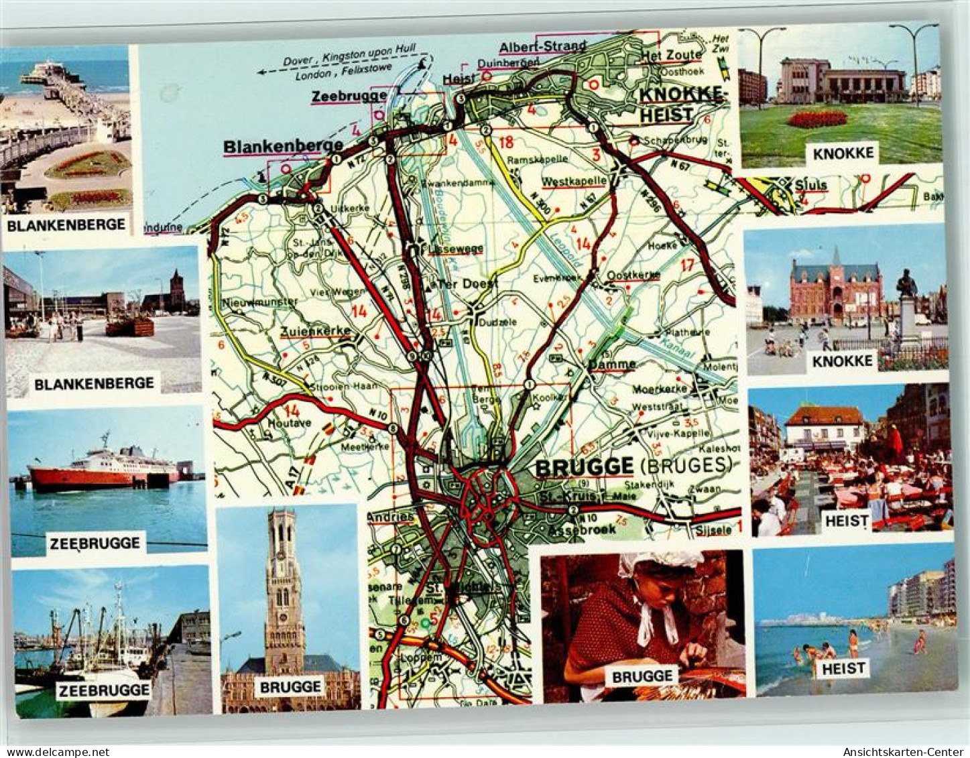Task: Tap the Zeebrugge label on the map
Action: pyautogui.click(x=349, y=96)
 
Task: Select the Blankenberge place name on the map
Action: pyautogui.click(x=283, y=145)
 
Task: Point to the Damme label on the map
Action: pyautogui.click(x=613, y=364)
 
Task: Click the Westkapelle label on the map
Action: pyautogui.click(x=574, y=181)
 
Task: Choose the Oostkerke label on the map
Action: pyautogui.click(x=632, y=275)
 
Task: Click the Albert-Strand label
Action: pyautogui.click(x=542, y=46)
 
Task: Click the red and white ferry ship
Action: pyautogui.click(x=101, y=470)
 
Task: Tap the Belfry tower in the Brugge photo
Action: pyautogui.click(x=286, y=582)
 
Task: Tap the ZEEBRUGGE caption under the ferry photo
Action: pyautogui.click(x=95, y=543)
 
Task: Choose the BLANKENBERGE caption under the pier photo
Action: pyautogui.click(x=66, y=225)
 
